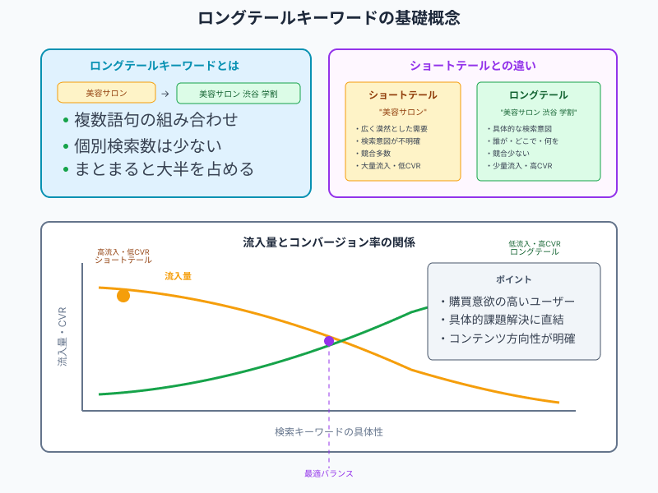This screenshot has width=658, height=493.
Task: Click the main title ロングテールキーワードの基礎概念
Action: (x=329, y=18)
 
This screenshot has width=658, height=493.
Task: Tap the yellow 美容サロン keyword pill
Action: (x=106, y=93)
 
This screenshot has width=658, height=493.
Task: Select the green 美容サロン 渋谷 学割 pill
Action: (x=239, y=94)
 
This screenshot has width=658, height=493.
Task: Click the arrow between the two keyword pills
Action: (x=165, y=94)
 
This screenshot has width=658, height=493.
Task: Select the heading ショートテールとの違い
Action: (x=473, y=66)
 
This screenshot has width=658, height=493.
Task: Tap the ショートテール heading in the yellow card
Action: (x=403, y=95)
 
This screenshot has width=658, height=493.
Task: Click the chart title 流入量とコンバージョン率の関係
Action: (x=329, y=242)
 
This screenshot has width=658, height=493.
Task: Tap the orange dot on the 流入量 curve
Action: (x=123, y=296)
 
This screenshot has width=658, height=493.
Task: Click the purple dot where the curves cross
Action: (x=329, y=341)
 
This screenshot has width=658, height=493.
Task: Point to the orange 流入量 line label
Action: (x=178, y=276)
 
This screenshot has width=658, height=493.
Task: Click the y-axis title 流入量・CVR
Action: (x=63, y=337)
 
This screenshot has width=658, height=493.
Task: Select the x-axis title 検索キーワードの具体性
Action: (x=329, y=432)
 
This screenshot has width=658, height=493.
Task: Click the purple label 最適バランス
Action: (x=329, y=474)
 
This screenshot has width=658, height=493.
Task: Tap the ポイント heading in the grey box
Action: (x=513, y=279)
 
